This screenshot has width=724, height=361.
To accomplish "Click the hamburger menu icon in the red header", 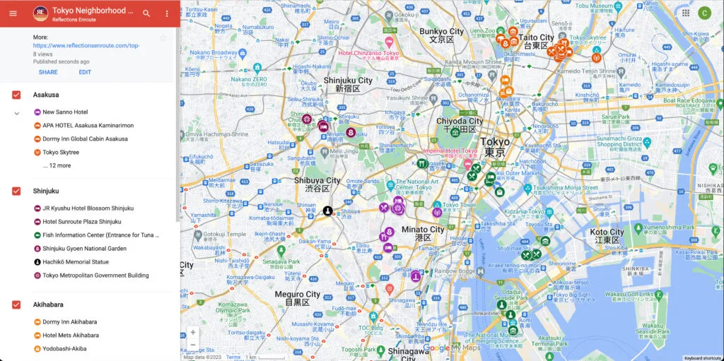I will click(x=13, y=13).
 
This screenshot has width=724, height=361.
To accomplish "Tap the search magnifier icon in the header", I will click(x=146, y=13).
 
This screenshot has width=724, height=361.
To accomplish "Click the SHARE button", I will click(x=48, y=72).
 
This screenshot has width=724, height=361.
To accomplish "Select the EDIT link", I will click(x=85, y=72).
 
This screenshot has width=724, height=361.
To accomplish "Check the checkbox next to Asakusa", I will click(x=16, y=95).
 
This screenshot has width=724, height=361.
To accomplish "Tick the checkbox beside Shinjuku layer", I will click(x=16, y=191).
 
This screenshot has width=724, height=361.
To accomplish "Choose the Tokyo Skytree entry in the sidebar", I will click(x=61, y=152).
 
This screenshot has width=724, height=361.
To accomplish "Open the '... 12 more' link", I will click(x=57, y=165).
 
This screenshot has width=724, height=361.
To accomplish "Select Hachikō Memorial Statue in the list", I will click(x=76, y=262).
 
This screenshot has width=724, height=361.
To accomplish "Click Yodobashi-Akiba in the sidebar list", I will click(x=65, y=348).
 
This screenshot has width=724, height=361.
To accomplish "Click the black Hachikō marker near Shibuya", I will click(x=328, y=211).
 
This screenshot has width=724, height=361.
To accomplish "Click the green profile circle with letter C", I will click(x=704, y=13).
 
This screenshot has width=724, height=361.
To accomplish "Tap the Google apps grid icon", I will click(x=686, y=13).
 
